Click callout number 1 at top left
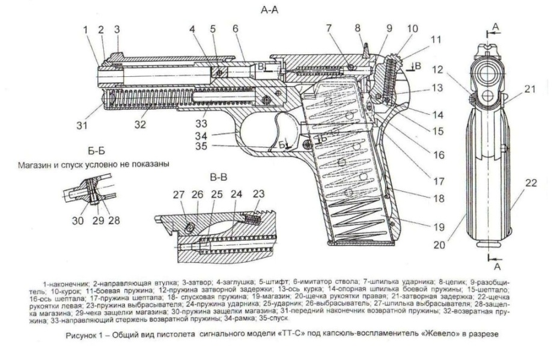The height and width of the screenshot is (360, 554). click(86, 29)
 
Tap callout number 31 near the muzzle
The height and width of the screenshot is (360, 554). click(82, 126)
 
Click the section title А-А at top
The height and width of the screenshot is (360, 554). click(269, 11)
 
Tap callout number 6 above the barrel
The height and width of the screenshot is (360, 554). click(236, 28)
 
